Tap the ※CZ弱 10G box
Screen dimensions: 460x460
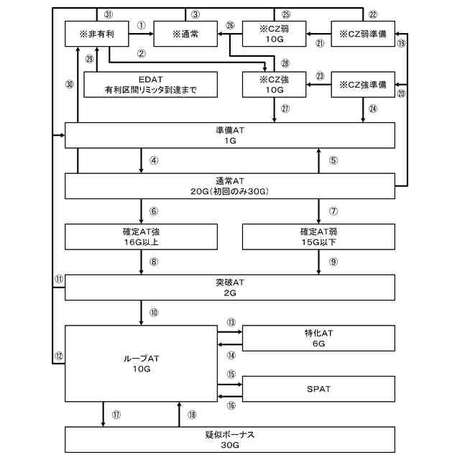[274, 34]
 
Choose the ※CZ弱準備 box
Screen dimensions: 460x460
[362, 34]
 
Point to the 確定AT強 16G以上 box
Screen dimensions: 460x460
[141, 236]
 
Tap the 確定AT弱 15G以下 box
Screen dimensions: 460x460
[318, 236]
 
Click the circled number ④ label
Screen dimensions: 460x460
[154, 160]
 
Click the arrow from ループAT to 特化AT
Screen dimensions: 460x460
[230, 333]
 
